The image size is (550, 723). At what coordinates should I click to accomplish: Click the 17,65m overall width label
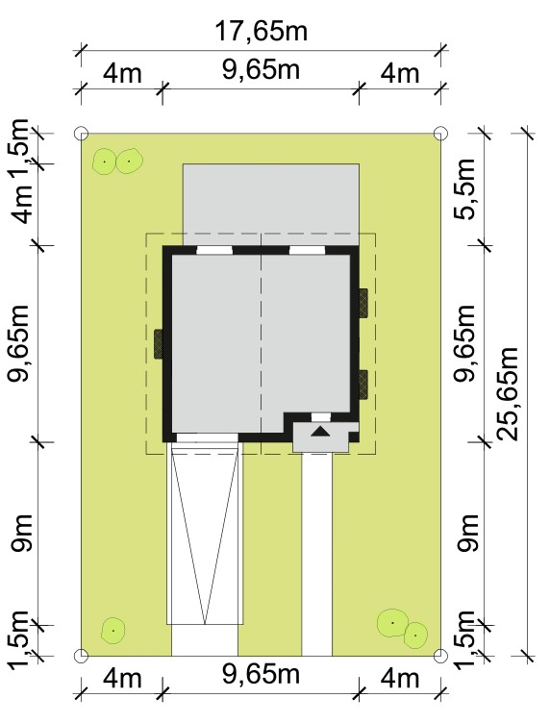261,32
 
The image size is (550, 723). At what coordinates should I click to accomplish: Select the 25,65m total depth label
509,393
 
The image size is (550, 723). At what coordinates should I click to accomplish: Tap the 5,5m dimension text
464,189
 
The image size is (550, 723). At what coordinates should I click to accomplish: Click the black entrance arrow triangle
321,432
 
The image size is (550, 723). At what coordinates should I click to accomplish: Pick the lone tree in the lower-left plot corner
112,631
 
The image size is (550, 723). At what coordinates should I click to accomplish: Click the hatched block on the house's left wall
158,343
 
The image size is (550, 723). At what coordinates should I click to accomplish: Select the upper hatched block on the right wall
363,303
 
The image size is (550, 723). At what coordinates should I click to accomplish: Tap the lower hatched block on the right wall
363,385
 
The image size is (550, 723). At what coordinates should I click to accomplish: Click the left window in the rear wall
214,250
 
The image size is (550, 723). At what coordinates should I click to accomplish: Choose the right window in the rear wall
307,250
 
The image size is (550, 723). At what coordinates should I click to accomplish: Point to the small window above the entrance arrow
321,417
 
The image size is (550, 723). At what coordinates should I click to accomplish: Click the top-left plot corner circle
81,134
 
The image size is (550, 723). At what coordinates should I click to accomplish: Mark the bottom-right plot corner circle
440,656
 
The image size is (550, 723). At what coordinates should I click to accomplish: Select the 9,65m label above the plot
261,69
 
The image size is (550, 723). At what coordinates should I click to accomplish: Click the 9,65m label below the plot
261,674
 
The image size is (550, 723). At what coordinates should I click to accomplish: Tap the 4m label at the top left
122,74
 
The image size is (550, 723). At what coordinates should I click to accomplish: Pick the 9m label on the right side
467,533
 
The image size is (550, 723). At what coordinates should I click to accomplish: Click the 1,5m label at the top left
18,148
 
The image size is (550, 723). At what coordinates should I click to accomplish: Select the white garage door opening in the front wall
208,437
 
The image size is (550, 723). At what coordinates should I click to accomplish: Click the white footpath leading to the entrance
316,554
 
